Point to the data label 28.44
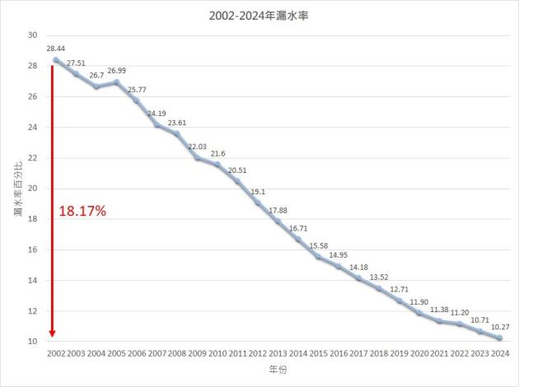click(x=57, y=49)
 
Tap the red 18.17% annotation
click(x=82, y=212)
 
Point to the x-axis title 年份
click(x=277, y=371)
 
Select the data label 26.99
click(x=117, y=71)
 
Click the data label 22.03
click(x=198, y=147)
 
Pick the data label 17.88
click(x=278, y=210)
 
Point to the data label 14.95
click(x=338, y=255)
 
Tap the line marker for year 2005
click(x=116, y=82)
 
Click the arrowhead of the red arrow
click(x=52, y=333)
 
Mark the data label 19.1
click(x=259, y=191)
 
